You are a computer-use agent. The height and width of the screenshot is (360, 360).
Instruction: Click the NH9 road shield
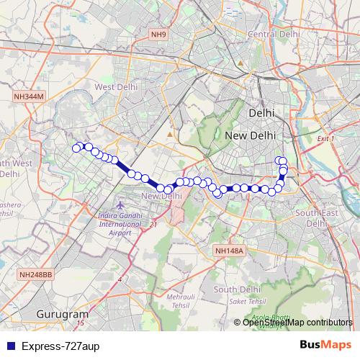tap(158, 34)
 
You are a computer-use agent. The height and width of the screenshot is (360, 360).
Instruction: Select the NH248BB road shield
tap(37, 274)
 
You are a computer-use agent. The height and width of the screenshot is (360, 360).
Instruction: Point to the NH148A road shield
tap(230, 251)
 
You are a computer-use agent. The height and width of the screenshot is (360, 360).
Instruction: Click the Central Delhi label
tap(273, 34)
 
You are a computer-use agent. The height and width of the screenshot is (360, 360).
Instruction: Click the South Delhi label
tap(235, 289)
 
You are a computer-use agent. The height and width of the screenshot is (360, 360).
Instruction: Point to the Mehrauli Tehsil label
tap(181, 301)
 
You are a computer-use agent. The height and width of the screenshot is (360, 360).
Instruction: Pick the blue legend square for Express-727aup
tap(12, 346)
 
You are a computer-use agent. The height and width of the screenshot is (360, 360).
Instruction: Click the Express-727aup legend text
tap(60, 346)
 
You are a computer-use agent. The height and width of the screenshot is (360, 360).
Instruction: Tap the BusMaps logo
tap(325, 345)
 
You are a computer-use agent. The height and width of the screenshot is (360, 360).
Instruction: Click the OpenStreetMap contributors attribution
tap(297, 323)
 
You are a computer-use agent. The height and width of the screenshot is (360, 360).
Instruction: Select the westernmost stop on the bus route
tap(76, 148)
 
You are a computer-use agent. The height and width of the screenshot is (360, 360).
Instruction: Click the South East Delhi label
tap(316, 218)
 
